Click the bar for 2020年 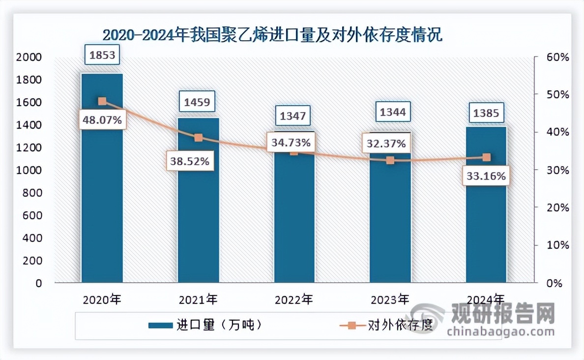point(102,197)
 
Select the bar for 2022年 point(294,221)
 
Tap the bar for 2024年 point(486,221)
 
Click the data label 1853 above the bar point(102,55)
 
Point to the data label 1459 point(197,102)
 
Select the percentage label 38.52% point(190,160)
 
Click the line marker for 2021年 point(198,138)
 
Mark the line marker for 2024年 point(486,157)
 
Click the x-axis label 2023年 point(390,299)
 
